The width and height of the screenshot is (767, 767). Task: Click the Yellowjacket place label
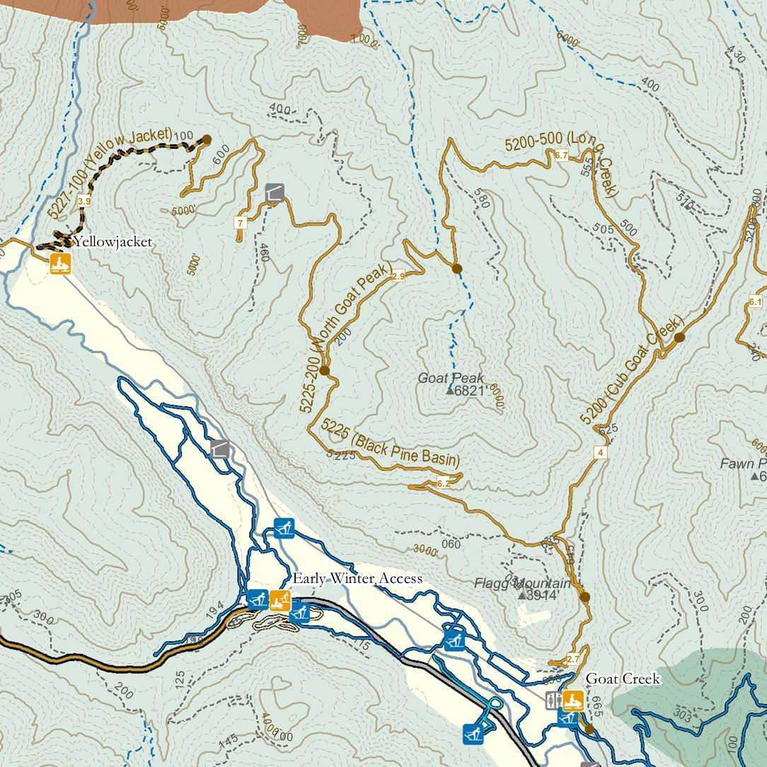[113, 242]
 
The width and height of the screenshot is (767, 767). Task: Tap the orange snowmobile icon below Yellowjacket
[60, 265]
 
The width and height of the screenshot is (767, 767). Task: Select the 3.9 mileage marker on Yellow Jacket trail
[84, 202]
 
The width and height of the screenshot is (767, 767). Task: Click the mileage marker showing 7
[241, 223]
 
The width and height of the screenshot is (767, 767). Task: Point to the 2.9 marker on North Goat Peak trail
[398, 276]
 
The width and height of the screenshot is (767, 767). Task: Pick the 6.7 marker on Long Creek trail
[562, 155]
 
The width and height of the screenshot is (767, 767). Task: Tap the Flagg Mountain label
[522, 584]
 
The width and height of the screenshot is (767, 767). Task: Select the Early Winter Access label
[357, 579]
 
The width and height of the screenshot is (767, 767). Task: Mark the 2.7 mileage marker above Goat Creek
[573, 659]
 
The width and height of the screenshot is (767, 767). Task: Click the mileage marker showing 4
[601, 453]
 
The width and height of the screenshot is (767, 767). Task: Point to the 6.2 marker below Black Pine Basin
[444, 484]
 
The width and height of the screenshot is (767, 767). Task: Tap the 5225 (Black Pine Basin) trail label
[390, 444]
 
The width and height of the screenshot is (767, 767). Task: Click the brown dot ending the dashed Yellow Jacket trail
[207, 139]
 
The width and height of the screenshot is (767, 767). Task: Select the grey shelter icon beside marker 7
[275, 192]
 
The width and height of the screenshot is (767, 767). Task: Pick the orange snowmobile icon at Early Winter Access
[280, 600]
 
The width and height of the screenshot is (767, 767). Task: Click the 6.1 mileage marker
[755, 302]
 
